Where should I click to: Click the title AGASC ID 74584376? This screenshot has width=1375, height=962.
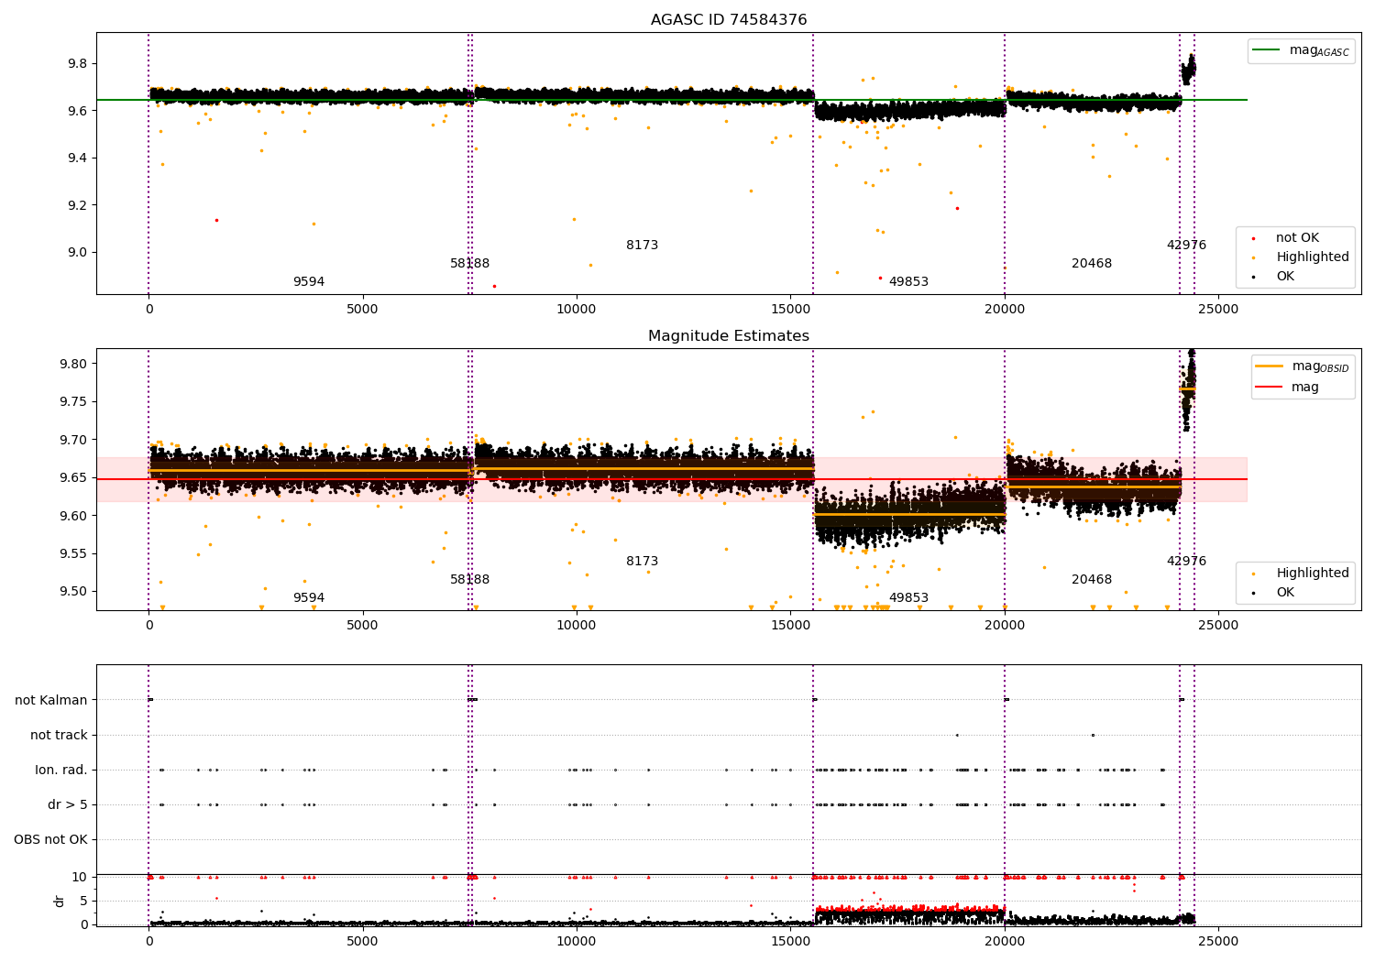click(x=729, y=20)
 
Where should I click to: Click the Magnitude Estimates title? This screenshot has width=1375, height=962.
click(x=729, y=336)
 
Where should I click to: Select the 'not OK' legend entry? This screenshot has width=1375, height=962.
click(x=1297, y=238)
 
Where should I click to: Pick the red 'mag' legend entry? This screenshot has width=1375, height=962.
click(x=1304, y=387)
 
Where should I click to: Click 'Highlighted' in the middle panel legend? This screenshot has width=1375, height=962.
click(x=1312, y=573)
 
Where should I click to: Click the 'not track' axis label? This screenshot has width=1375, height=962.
click(x=59, y=735)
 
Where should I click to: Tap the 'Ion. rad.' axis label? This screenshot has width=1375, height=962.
click(x=61, y=770)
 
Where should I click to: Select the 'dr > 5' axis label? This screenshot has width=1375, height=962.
click(x=68, y=804)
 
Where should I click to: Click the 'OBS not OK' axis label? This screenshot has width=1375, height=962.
click(x=50, y=839)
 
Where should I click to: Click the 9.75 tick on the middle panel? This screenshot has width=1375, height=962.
click(x=72, y=402)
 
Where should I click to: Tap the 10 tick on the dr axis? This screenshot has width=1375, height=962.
click(x=80, y=877)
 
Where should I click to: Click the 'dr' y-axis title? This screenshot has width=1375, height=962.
click(x=60, y=901)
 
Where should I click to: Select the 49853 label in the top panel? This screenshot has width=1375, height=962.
click(x=908, y=282)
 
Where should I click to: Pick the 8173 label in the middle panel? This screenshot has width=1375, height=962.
click(x=642, y=562)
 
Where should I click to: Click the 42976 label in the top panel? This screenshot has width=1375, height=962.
click(x=1186, y=246)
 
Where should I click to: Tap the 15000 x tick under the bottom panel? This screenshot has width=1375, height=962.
click(x=790, y=941)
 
